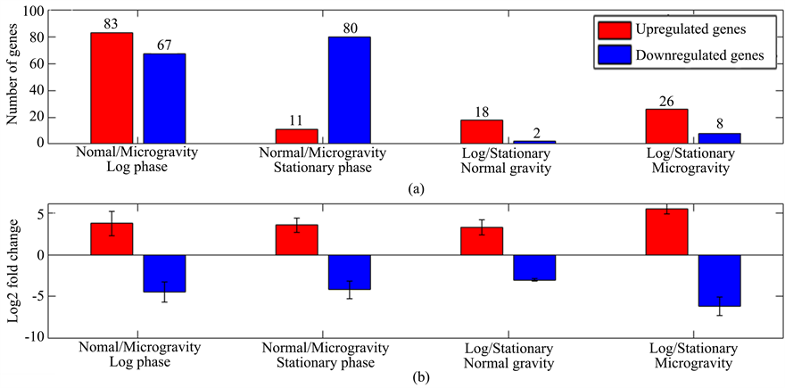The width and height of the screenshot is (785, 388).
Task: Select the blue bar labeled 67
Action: [164, 98]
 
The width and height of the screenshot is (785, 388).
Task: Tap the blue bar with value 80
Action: [350, 89]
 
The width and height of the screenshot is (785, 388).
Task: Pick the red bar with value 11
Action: [296, 136]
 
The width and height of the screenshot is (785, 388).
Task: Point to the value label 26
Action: [666, 101]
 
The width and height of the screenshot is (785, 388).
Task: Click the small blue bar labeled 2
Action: [534, 141]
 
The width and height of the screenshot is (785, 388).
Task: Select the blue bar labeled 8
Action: [719, 137]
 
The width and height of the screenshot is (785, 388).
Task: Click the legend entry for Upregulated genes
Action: [677, 29]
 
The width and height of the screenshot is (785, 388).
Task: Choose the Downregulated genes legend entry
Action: [677, 54]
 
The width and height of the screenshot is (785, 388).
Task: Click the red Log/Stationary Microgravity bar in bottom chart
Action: [666, 232]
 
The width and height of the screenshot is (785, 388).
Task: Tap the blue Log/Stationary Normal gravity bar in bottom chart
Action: [534, 268]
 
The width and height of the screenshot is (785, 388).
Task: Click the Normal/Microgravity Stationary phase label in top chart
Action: [323, 161]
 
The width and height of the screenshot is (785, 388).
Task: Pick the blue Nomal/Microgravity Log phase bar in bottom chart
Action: [164, 273]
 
